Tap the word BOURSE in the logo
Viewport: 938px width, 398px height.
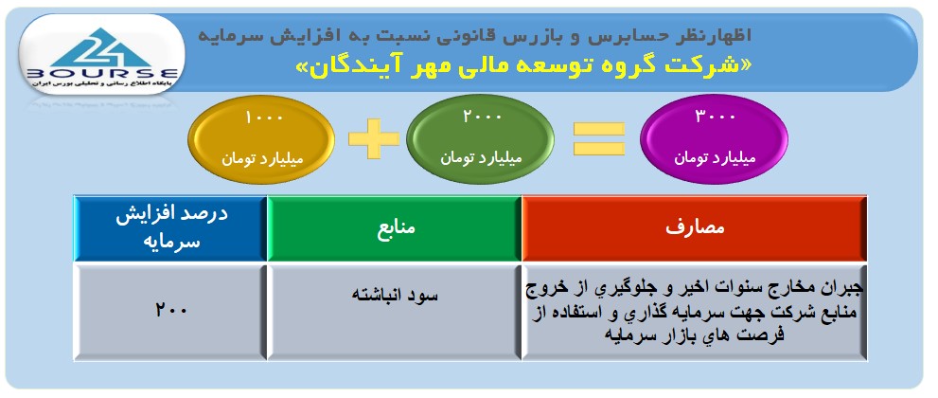101,74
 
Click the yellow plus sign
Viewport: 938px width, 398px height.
374,139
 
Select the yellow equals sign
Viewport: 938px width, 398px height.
599,139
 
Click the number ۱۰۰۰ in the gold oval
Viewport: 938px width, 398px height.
263,117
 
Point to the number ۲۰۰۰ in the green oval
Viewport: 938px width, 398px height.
482,116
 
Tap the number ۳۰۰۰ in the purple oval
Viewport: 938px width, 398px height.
715,116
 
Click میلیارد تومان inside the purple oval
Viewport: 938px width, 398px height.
715,158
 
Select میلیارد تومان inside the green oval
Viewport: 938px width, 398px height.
482,158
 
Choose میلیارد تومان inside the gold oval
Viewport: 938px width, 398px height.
262,159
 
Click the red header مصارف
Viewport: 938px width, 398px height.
695,228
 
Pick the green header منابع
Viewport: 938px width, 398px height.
394,228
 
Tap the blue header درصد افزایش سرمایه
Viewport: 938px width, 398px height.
170,228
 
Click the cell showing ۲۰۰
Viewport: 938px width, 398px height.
170,313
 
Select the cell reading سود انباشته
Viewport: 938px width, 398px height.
394,313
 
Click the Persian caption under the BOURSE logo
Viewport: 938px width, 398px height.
101,86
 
